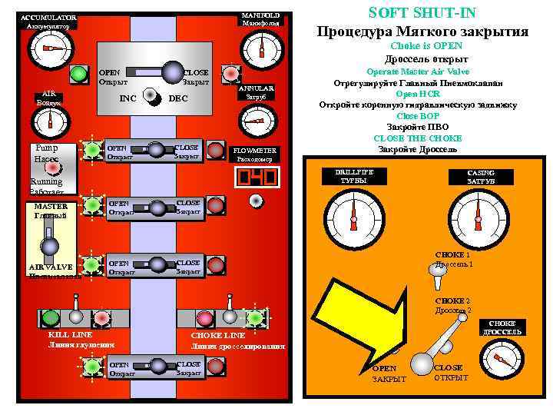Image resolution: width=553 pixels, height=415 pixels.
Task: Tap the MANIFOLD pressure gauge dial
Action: [261, 50]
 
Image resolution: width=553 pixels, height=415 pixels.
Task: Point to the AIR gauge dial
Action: [51, 121]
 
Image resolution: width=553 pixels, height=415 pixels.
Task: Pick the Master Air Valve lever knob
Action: [50, 246]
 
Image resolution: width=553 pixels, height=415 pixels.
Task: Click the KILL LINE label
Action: [70, 335]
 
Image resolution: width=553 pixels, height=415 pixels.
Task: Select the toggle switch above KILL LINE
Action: [75, 315]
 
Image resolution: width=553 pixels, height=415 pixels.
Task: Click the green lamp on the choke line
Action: [256, 317]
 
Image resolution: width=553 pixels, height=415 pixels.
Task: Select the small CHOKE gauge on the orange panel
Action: [502, 360]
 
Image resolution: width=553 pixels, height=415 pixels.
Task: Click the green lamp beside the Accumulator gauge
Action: [78, 75]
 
